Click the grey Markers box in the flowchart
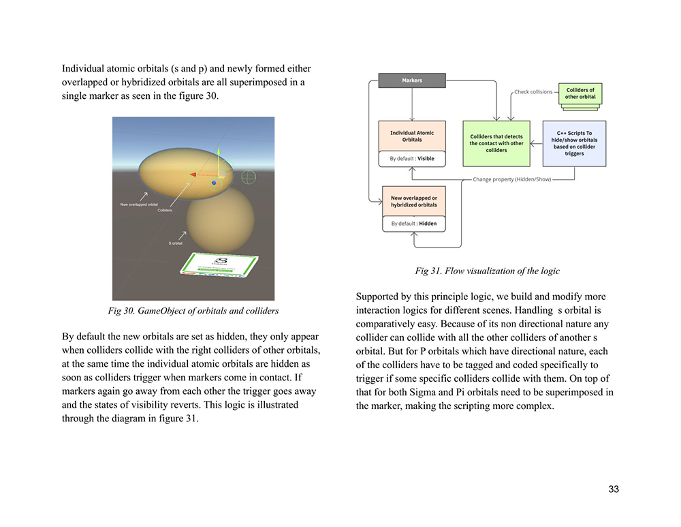coord(411,80)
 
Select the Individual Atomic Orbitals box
coord(411,136)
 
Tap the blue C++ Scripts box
coord(574,144)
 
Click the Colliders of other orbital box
coord(580,93)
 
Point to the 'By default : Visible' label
coord(411,159)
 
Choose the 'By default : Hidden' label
coord(413,223)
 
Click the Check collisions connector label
coord(533,92)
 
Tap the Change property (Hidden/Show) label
coord(511,179)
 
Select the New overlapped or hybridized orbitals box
coord(413,201)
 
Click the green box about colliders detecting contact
coord(496,144)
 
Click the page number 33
coord(614,490)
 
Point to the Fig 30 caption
coord(193,311)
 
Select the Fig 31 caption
coord(487,271)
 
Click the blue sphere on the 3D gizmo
coord(214,183)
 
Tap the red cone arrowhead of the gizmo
coord(193,175)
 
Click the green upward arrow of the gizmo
coord(218,155)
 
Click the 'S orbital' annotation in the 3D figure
coord(176,243)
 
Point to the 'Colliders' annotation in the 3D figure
coord(164,211)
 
